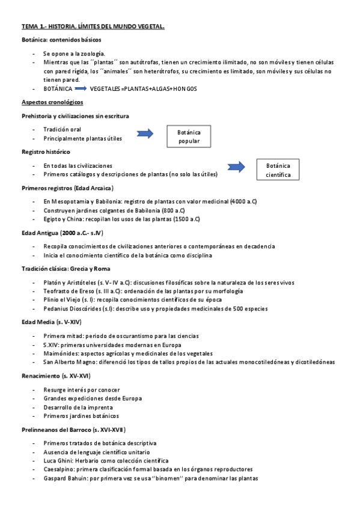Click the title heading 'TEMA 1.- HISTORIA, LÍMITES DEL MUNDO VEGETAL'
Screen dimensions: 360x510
click(93, 26)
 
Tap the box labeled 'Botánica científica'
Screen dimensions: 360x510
click(278, 170)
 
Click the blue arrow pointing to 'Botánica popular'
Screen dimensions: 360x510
click(145, 134)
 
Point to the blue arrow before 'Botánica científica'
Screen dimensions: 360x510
click(237, 166)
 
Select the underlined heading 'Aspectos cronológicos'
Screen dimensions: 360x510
click(52, 102)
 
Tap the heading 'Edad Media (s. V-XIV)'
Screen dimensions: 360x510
click(51, 322)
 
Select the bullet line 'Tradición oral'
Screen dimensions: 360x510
click(62, 129)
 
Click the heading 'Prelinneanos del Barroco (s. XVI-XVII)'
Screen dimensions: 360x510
click(73, 429)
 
